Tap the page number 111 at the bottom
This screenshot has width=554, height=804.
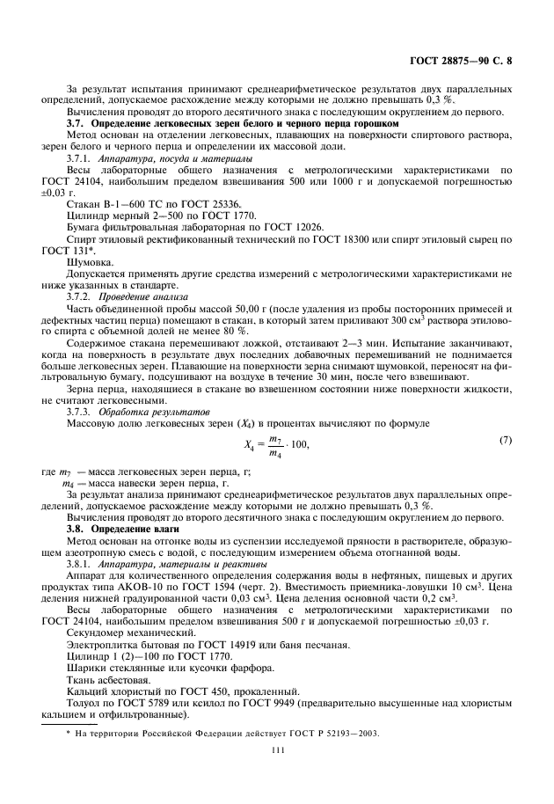tap(277, 749)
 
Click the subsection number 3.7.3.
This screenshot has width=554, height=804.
tap(82, 412)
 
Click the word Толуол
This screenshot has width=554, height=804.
tap(85, 703)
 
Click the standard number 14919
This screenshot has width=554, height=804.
tap(252, 646)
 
